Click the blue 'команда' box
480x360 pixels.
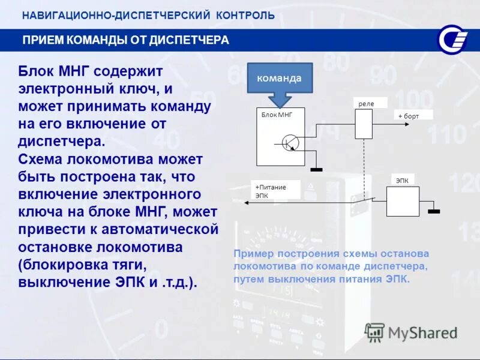coord(280,77)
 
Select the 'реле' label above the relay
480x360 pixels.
coord(365,104)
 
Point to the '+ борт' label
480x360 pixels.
coord(408,116)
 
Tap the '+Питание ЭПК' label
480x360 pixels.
coord(271,190)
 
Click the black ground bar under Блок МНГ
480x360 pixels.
coord(316,170)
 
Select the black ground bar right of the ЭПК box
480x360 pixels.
coord(433,211)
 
